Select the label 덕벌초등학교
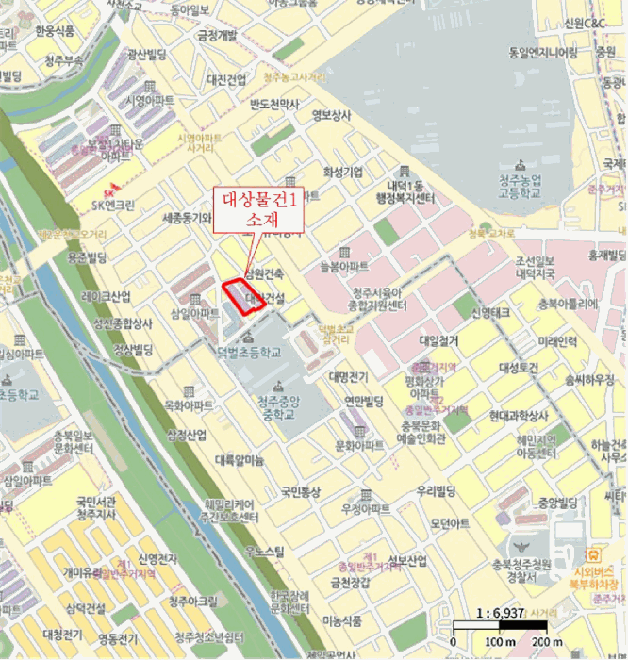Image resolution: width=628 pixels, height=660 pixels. coord(248,353)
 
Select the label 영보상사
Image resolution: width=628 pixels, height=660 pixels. coord(331,116)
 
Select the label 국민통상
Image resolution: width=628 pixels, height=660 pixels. coord(300,491)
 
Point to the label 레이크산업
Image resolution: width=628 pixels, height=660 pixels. coord(106,296)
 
